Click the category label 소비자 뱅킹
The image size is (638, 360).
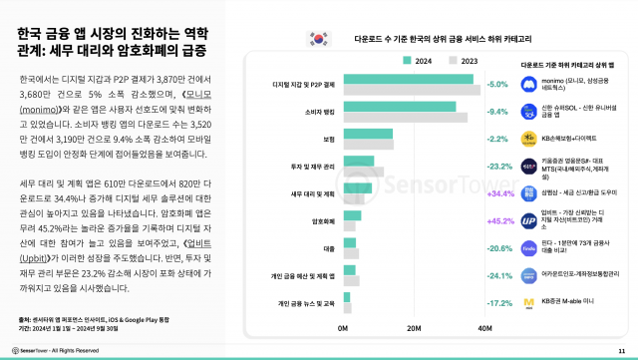pos(318,112)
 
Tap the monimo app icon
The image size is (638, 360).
pos(528,84)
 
